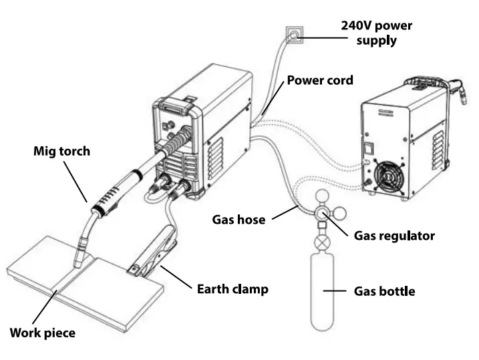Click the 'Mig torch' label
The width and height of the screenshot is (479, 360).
[61, 151]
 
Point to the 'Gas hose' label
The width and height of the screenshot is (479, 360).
[238, 218]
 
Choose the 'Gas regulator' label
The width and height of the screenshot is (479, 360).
[394, 236]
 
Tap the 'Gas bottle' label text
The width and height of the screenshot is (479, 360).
[383, 291]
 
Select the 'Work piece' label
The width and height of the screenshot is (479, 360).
[42, 332]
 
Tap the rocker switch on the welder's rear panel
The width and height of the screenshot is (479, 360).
[367, 145]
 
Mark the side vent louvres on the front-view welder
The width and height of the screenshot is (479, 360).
[216, 161]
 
